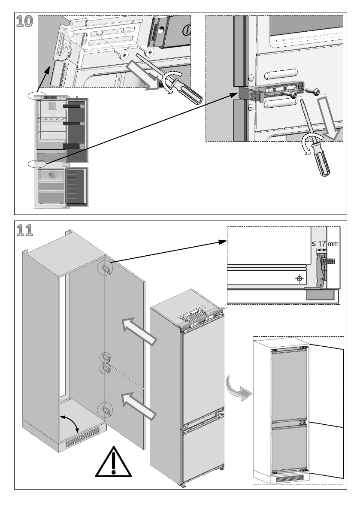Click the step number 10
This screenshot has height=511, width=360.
24,21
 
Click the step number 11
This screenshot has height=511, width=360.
24,230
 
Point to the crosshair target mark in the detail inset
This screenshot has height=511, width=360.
299,279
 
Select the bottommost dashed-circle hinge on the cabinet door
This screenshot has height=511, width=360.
105,410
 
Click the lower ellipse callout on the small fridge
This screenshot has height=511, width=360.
37,163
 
